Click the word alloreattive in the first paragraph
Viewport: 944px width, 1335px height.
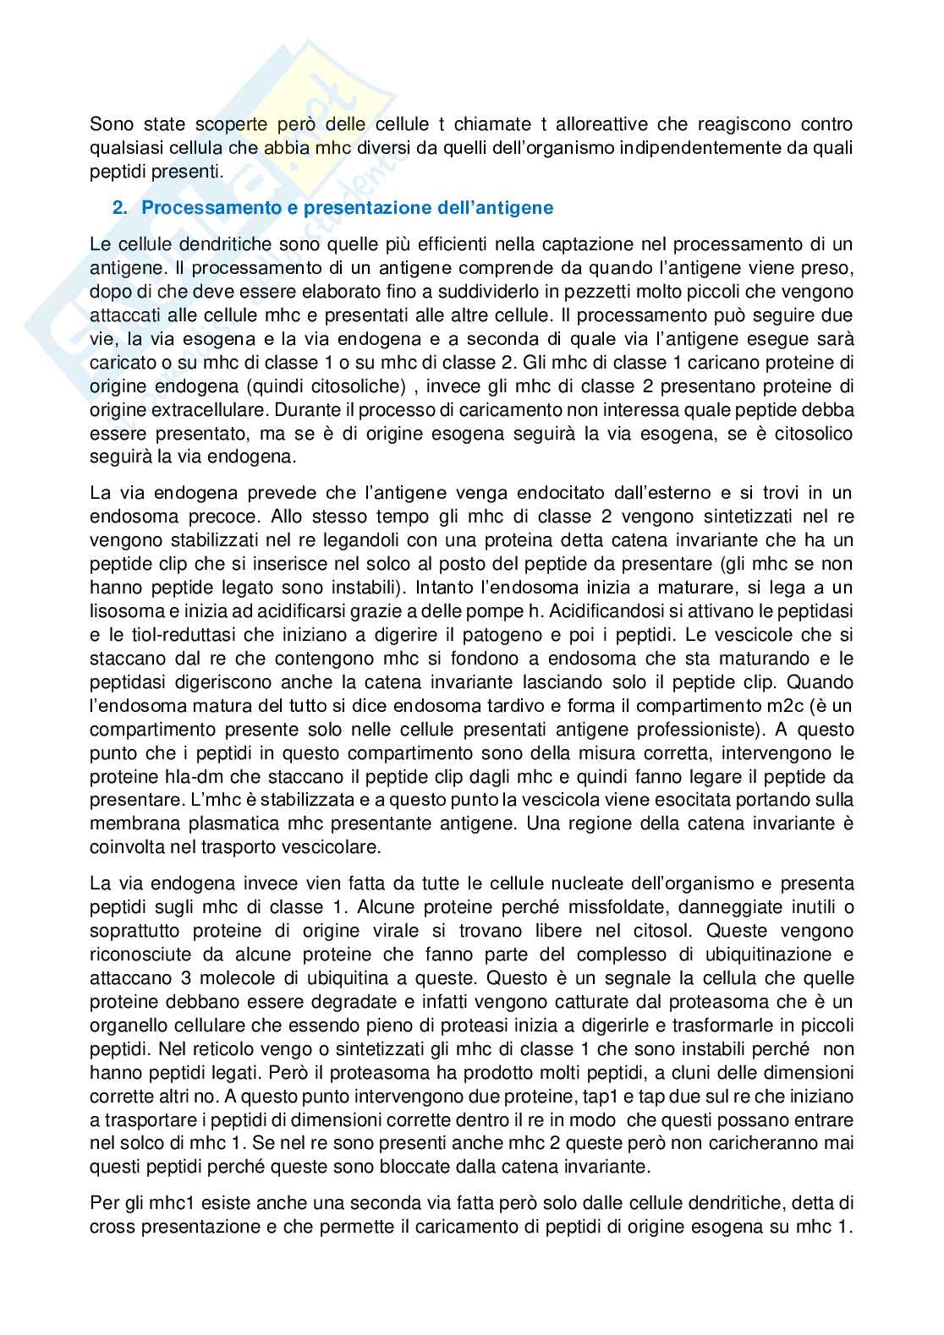pyautogui.click(x=598, y=125)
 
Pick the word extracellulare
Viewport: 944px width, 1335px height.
pyautogui.click(x=190, y=410)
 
